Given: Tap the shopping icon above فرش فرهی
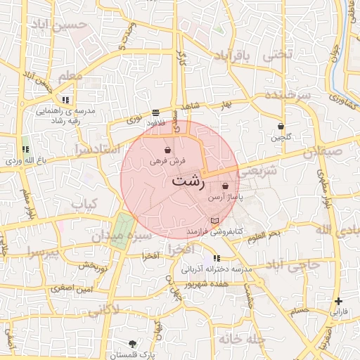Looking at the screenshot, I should tap(167, 150).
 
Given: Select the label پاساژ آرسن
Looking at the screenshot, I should tap(225, 198).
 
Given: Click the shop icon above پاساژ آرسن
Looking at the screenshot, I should tap(225, 186).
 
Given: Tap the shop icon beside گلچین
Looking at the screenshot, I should tap(281, 127).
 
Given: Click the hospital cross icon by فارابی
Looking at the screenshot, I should tap(339, 301).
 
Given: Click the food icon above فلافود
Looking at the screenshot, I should tap(155, 112).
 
